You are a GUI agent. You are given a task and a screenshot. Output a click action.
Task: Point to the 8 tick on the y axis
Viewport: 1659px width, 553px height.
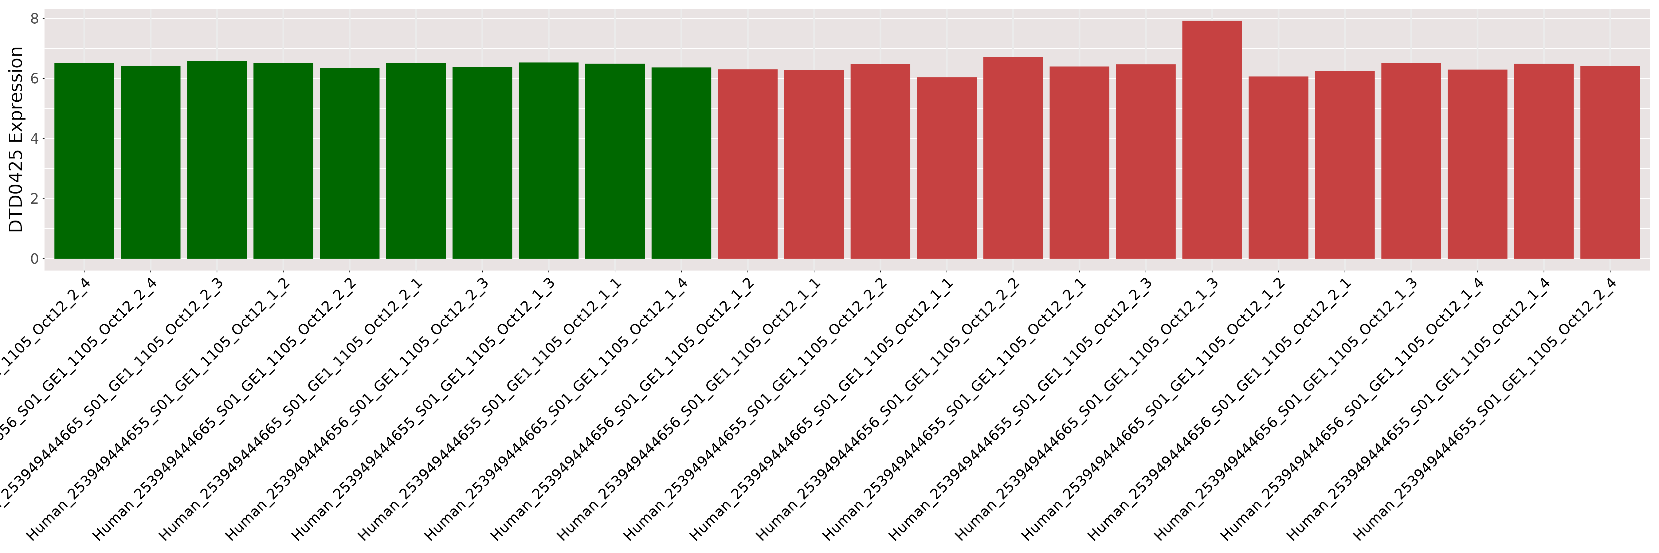[34, 19]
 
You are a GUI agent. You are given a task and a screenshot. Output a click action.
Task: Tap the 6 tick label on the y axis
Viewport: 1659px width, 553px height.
[34, 79]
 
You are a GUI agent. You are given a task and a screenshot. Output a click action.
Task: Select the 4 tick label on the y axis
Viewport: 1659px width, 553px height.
[34, 139]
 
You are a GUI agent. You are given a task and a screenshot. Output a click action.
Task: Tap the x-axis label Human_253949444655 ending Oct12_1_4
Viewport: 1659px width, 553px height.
[1414, 412]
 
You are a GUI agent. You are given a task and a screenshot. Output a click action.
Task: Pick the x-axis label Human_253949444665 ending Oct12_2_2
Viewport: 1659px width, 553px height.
[220, 412]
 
